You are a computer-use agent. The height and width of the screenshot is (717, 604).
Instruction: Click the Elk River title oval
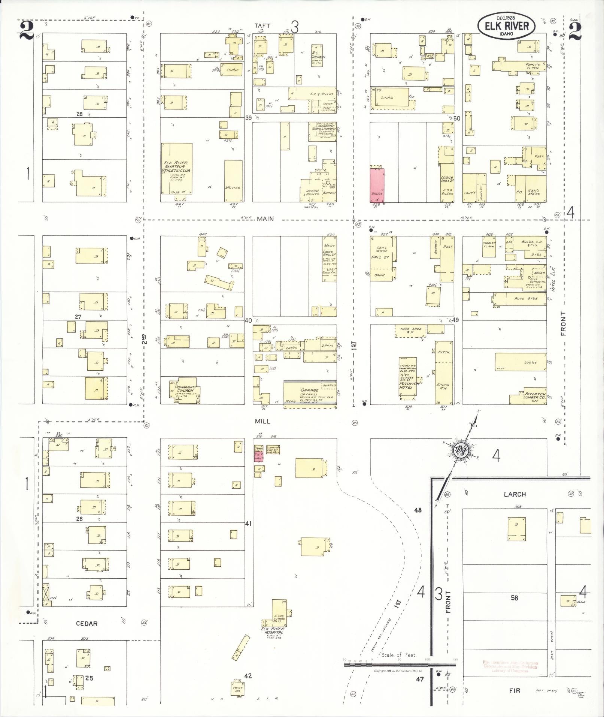point(506,26)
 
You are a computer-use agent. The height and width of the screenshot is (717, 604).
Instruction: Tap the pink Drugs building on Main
point(377,186)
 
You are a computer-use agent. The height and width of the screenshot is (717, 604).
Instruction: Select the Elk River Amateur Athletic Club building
point(176,169)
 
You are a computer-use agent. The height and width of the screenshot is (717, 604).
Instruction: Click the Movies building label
point(233,187)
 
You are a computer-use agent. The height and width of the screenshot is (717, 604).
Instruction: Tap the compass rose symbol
point(460,451)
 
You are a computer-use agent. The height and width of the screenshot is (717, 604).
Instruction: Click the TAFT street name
point(262,25)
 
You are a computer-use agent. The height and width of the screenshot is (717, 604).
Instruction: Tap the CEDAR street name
point(86,624)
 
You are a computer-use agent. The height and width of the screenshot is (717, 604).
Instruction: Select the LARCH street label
point(515,494)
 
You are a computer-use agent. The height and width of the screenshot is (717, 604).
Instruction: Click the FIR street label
point(515,690)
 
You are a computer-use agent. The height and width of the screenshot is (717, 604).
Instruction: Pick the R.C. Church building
point(318,56)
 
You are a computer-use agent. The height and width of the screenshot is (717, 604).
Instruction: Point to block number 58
point(514,597)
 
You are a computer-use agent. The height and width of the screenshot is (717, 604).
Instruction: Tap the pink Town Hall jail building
point(259,457)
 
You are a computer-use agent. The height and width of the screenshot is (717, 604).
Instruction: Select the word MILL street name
point(262,421)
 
